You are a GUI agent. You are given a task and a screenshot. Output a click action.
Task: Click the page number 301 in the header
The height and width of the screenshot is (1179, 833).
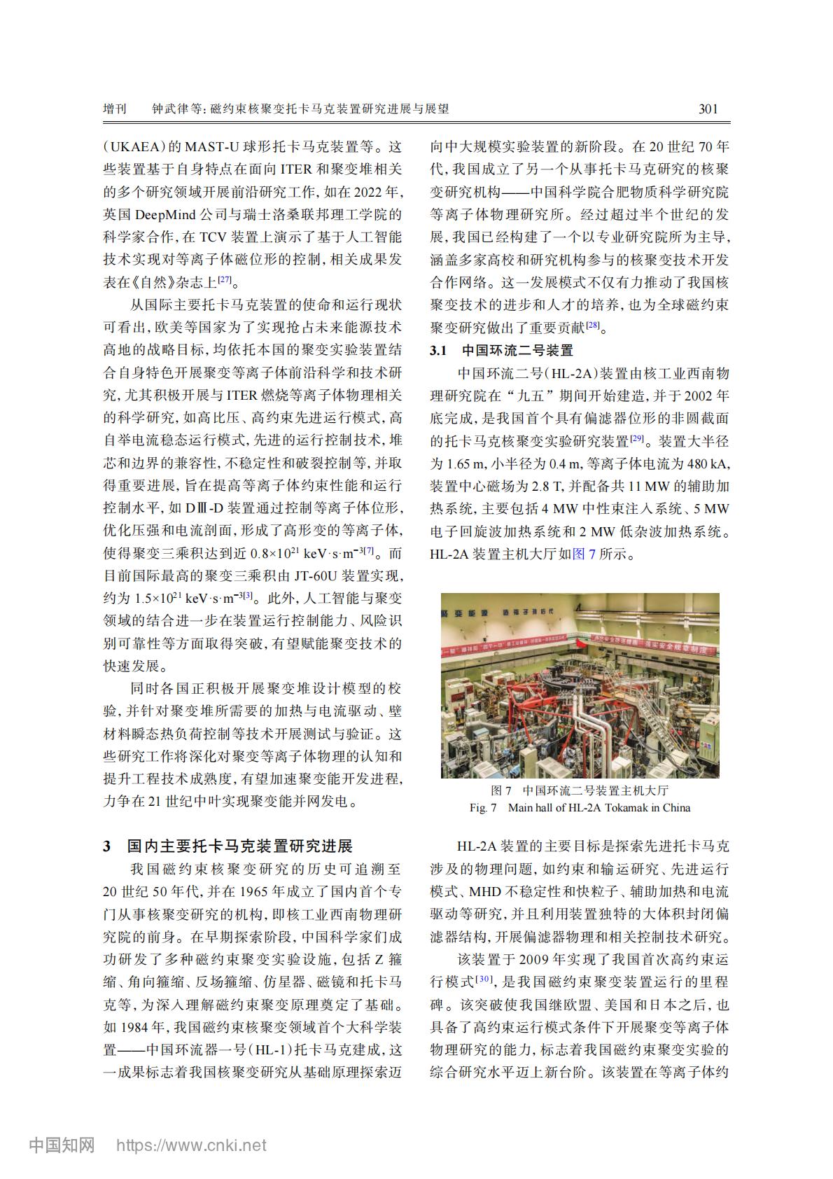(x=708, y=109)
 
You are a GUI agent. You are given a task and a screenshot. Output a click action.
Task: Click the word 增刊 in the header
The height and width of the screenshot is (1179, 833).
(x=115, y=109)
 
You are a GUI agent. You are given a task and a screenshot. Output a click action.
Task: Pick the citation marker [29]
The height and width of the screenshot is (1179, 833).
(x=636, y=438)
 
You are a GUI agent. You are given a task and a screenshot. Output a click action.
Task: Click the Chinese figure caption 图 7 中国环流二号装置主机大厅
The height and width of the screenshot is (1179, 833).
(x=580, y=791)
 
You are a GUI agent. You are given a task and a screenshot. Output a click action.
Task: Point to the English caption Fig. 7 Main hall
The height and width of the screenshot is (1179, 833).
(x=580, y=808)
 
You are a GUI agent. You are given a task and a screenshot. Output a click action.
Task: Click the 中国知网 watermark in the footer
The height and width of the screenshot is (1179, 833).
(x=62, y=1145)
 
